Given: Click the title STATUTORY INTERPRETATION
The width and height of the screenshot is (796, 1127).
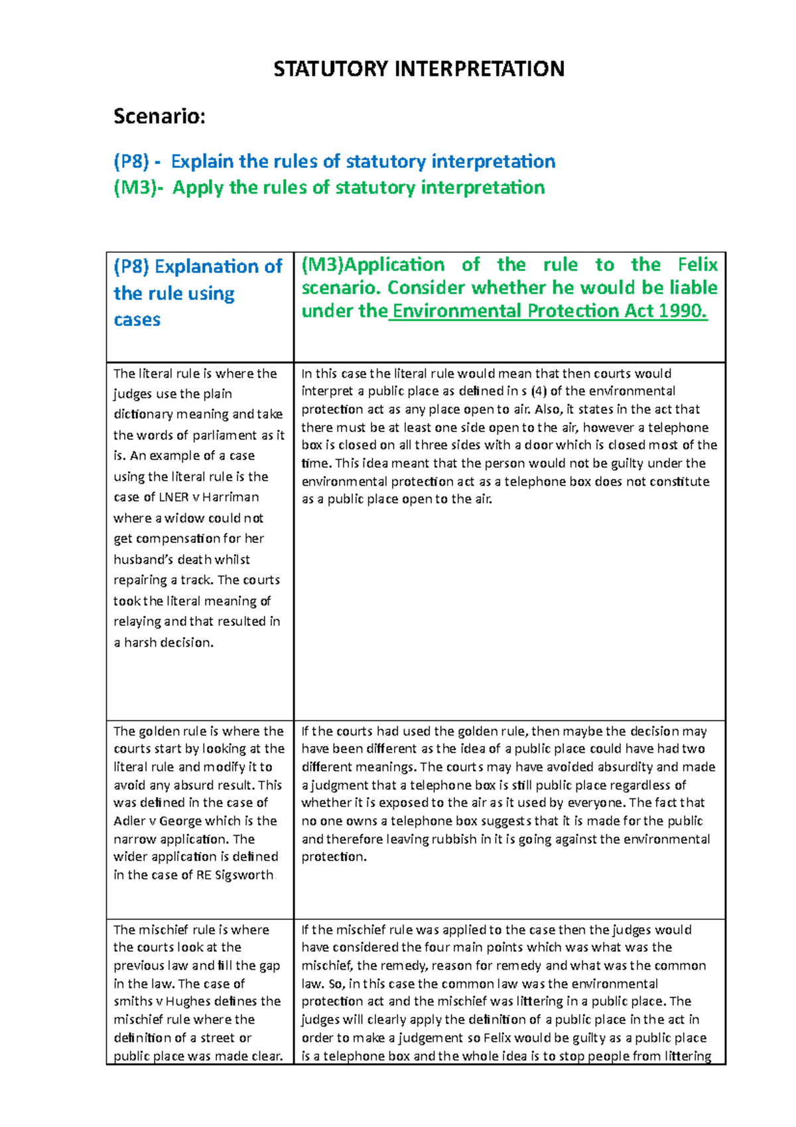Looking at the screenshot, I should click(419, 69).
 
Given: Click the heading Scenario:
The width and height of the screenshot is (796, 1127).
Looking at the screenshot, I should click(159, 117).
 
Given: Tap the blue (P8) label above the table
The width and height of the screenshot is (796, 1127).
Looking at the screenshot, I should click(131, 161).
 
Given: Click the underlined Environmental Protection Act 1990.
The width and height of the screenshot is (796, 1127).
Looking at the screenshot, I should click(549, 311).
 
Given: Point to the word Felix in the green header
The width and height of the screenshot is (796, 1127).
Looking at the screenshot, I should click(697, 265).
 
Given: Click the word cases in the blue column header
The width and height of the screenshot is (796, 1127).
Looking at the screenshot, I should click(137, 320).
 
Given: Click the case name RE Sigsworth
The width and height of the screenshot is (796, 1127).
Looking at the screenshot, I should click(235, 875).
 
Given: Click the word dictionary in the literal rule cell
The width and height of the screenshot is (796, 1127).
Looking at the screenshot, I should click(143, 414).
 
